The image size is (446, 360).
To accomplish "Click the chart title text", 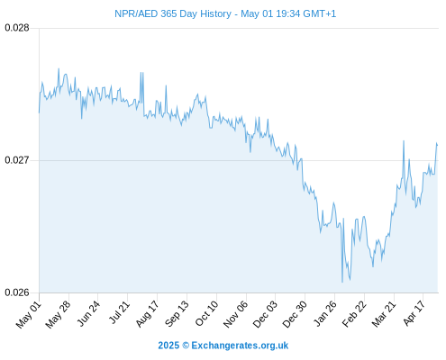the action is click(225, 13).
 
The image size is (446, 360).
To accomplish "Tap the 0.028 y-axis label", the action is click(17, 28).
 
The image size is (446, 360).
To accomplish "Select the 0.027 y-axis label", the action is click(17, 160).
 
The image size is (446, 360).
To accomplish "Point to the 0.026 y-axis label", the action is click(17, 292).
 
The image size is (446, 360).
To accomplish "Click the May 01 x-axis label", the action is click(28, 314).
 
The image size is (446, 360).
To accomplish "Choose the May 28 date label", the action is click(58, 314).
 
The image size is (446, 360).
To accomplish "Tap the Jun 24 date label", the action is click(88, 313).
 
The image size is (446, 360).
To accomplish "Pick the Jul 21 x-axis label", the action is click(119, 312).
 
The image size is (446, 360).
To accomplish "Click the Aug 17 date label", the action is click(147, 314).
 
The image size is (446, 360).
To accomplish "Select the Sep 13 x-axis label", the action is click(177, 313).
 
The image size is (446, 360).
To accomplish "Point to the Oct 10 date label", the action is click(206, 313).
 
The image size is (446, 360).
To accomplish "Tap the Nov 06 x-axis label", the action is click(236, 314).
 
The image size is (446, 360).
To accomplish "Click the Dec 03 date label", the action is click(266, 314).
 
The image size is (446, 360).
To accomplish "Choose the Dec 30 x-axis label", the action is click(295, 314).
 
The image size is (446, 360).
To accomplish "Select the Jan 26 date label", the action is click(325, 313).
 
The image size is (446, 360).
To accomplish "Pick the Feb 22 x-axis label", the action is click(354, 314).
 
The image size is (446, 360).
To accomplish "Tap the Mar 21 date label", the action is click(384, 314).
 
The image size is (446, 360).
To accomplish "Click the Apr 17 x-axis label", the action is click(414, 313).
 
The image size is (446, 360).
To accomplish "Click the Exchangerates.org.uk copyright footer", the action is click(223, 346).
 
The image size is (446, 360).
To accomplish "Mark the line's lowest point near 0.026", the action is click(342, 283).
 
